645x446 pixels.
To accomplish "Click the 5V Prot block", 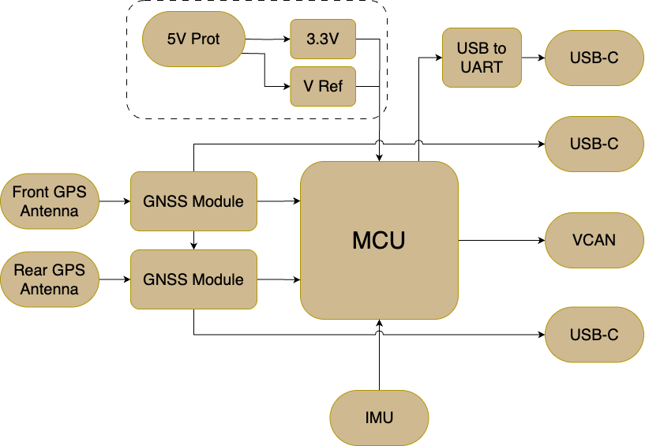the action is (193, 39).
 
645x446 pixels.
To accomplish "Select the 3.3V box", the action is (323, 39).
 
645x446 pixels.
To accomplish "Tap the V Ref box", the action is (323, 86).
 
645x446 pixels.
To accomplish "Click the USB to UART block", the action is (482, 58).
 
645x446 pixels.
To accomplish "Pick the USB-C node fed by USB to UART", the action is (594, 58).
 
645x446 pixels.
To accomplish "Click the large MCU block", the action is (379, 240).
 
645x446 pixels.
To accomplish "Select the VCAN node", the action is (594, 240).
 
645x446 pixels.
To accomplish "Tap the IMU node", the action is (379, 418).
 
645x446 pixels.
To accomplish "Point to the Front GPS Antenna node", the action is (50, 201).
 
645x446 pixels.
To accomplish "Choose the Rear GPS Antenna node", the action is (50, 279).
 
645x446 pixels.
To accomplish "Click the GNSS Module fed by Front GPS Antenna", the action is (193, 201).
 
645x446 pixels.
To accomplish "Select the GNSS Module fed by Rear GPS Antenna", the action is (193, 279).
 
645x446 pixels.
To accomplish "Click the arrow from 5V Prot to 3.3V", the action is (268, 39).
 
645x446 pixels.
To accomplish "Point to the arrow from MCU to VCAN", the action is (501, 240).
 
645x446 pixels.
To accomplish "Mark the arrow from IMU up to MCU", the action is (379, 354).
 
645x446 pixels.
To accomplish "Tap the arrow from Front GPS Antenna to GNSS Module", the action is (114, 201).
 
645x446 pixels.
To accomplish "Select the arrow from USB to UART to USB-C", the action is (533, 58).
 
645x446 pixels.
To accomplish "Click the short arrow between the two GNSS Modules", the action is (193, 240).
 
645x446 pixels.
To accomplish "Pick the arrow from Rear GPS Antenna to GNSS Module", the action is (114, 279).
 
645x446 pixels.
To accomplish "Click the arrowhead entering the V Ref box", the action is (287, 86).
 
